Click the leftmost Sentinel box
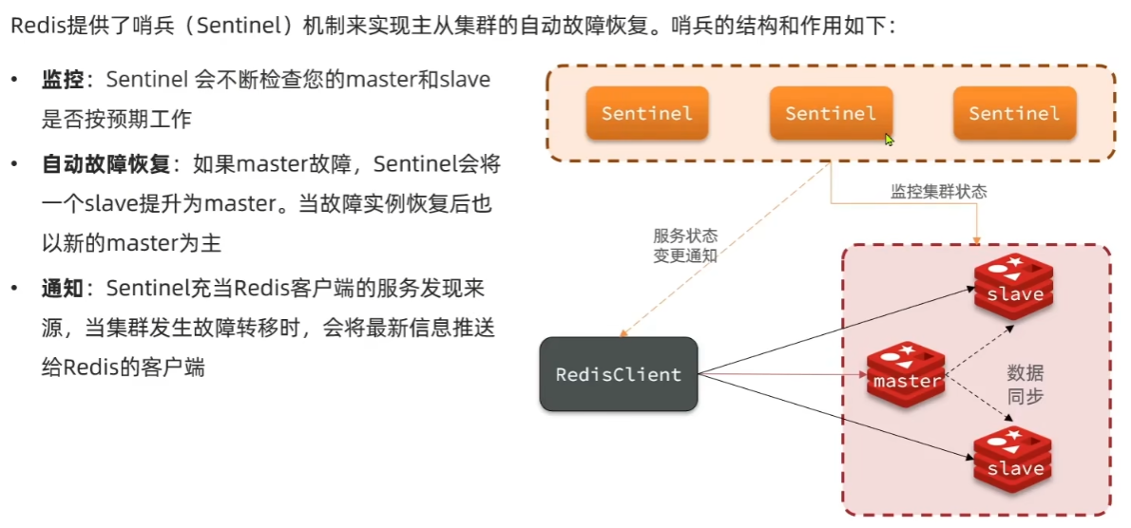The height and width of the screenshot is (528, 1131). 646,114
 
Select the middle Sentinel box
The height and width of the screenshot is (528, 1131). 830,114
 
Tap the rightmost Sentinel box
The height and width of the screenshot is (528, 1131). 1014,114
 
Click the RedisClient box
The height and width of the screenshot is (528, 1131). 618,374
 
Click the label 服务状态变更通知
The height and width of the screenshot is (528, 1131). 685,246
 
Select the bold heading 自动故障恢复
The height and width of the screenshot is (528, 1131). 105,164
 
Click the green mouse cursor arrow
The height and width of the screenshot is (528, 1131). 890,140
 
